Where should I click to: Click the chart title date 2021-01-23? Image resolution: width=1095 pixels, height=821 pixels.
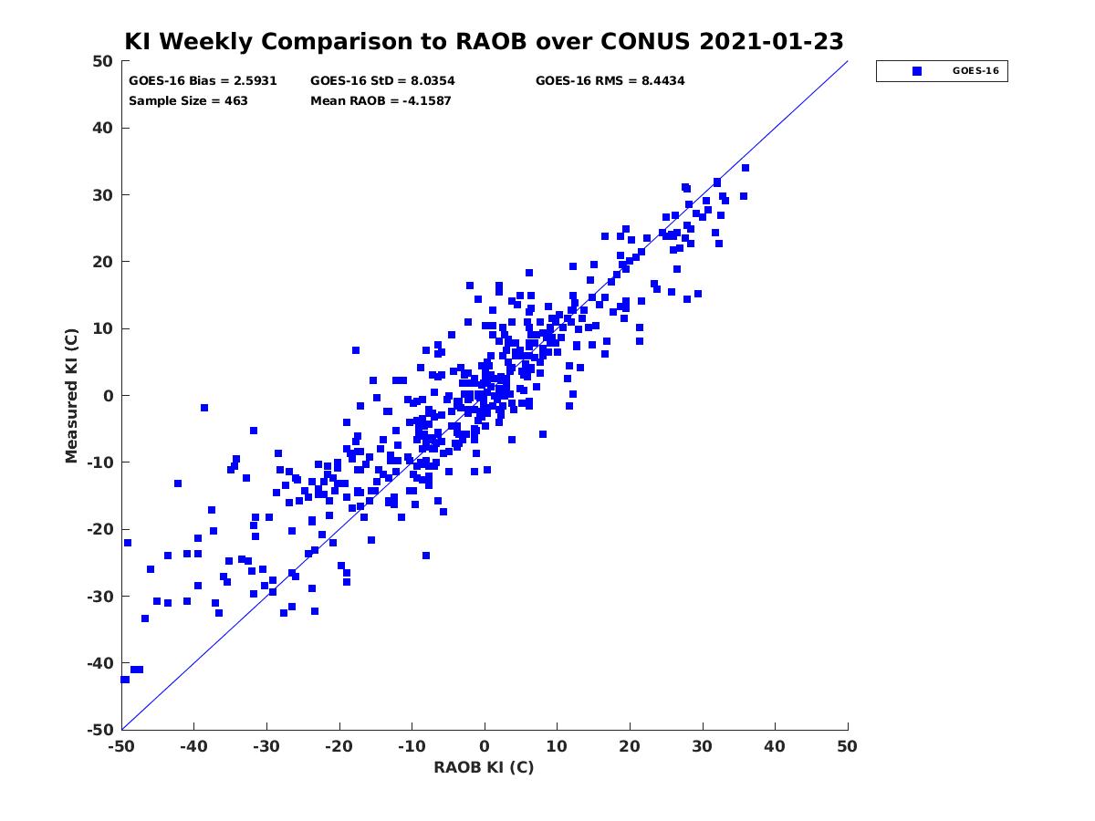click(x=771, y=41)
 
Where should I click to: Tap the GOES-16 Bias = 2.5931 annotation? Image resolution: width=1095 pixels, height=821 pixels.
click(x=203, y=81)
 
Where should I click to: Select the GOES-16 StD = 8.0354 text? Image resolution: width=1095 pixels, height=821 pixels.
click(x=382, y=81)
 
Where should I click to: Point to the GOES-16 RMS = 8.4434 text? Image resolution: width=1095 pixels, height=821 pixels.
click(x=610, y=81)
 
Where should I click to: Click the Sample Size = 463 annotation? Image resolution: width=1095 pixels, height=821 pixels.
click(x=188, y=101)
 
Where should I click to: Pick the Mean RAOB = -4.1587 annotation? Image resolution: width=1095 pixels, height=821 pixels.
click(x=381, y=101)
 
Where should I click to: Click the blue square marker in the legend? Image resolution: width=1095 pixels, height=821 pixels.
click(x=917, y=71)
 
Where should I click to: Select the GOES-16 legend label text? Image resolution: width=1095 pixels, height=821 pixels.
click(x=975, y=71)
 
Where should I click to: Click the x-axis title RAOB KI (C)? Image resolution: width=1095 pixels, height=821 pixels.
click(x=484, y=767)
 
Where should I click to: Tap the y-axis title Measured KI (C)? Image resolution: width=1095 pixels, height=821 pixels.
click(x=71, y=395)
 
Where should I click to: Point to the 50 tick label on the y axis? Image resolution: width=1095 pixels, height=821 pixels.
click(x=103, y=61)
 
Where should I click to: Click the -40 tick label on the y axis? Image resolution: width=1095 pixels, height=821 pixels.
click(x=100, y=663)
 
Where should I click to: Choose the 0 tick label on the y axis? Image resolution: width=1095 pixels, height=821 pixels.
click(x=109, y=396)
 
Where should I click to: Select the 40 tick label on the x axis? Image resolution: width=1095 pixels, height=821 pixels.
click(x=775, y=746)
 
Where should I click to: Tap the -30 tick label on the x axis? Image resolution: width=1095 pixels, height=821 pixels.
click(x=266, y=746)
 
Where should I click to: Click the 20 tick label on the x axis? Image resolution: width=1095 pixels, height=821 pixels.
click(x=630, y=746)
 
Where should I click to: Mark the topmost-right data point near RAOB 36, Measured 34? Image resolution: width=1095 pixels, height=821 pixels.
click(x=746, y=168)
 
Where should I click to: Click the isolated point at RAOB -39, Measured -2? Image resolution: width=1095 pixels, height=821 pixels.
click(x=204, y=408)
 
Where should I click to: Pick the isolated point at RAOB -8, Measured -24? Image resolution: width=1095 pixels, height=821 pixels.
click(x=425, y=556)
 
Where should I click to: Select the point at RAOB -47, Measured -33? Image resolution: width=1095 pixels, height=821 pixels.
click(x=145, y=618)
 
